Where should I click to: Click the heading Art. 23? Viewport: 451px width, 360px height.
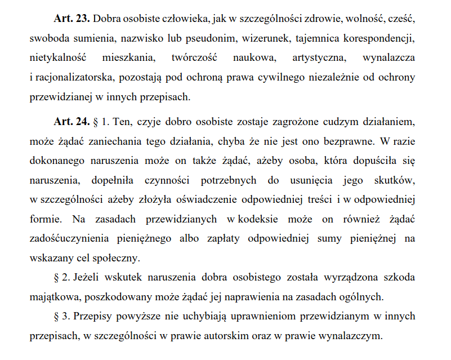[72, 19]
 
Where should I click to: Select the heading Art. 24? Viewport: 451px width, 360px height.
[72, 121]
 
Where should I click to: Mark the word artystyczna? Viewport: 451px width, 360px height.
[319, 58]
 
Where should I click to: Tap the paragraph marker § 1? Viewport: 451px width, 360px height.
[101, 121]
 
